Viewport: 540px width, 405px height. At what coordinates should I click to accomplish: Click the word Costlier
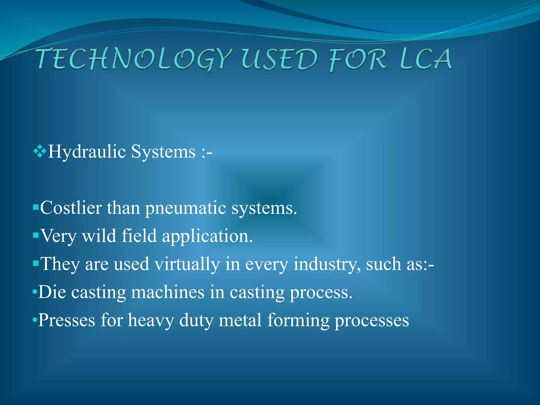coord(71,208)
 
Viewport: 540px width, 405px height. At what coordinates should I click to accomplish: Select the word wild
coord(99,236)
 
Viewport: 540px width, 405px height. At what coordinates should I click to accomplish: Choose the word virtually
coord(187,264)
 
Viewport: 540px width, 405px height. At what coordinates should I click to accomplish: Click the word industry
coord(327,264)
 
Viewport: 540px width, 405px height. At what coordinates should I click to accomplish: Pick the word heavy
coord(151,321)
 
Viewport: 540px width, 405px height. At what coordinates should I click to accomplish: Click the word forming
coord(298,321)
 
